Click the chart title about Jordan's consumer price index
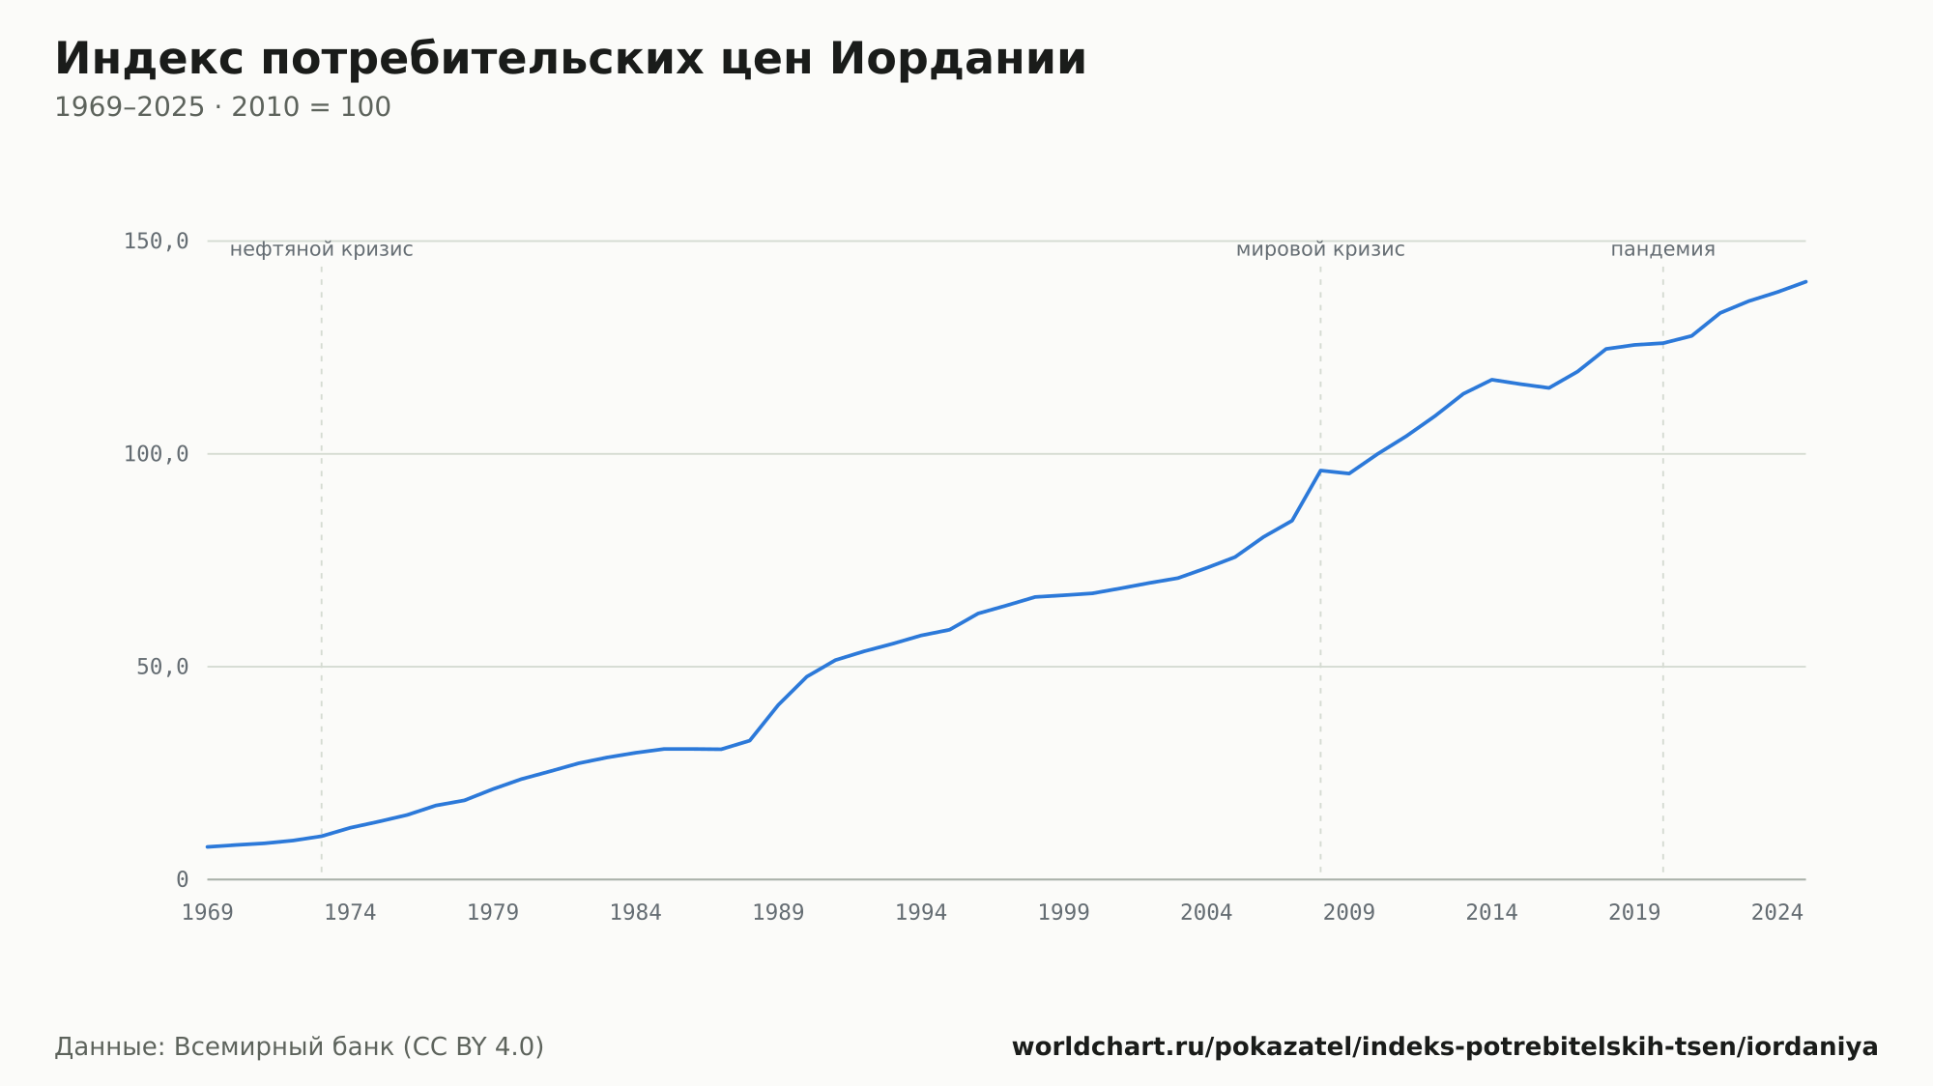click(x=570, y=59)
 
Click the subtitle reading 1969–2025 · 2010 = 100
click(x=222, y=107)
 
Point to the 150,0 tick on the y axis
click(x=156, y=242)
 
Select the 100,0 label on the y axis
click(x=156, y=454)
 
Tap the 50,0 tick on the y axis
click(x=162, y=667)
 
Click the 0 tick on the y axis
click(x=183, y=879)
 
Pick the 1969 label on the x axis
click(x=208, y=913)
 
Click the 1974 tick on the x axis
click(x=350, y=913)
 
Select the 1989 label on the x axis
click(x=778, y=913)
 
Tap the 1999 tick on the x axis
click(x=1063, y=913)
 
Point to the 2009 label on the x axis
click(x=1349, y=913)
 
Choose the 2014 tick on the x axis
click(x=1491, y=913)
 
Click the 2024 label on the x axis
click(x=1777, y=913)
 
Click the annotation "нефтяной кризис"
click(x=322, y=249)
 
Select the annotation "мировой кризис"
click(x=1320, y=249)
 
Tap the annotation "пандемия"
click(x=1662, y=249)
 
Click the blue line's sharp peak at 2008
click(x=1320, y=471)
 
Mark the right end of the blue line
click(x=1805, y=281)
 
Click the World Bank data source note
click(x=300, y=1047)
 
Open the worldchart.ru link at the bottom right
click(x=1445, y=1047)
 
